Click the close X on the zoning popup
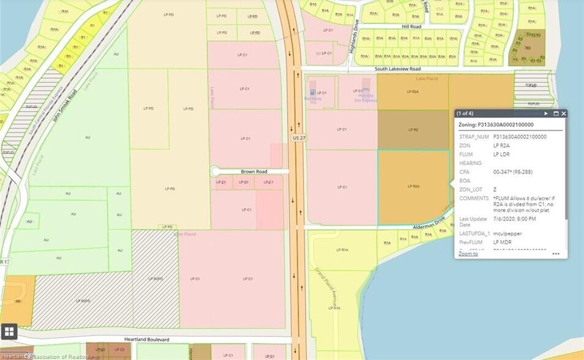coord(564,113)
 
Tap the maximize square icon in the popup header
coord(556,113)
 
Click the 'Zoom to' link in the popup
coord(468,253)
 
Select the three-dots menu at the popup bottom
coord(556,253)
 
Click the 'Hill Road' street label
coord(412,27)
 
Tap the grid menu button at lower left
coord(9,331)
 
